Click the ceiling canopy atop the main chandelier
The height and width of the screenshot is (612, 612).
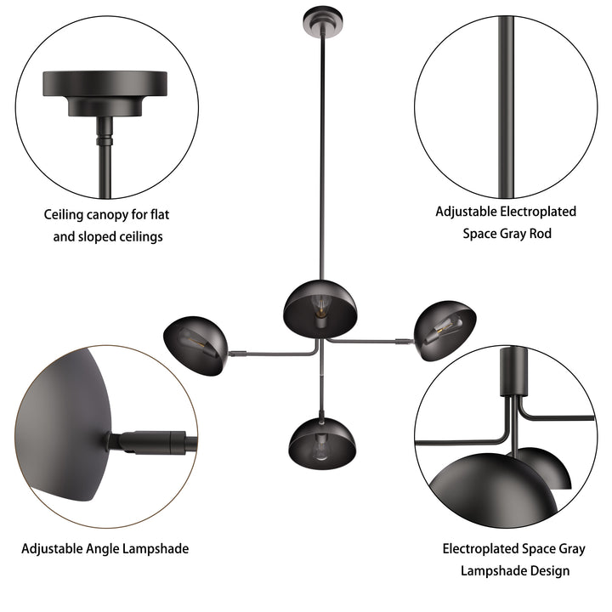[322, 21]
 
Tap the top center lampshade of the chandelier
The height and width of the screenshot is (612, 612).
[320, 309]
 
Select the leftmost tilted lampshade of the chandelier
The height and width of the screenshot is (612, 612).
[195, 346]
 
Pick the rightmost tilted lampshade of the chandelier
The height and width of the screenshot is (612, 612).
[445, 330]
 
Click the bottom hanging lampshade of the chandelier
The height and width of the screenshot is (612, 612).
[322, 444]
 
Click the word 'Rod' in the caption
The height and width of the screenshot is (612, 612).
[541, 234]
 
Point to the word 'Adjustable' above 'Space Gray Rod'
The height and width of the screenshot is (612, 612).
[466, 212]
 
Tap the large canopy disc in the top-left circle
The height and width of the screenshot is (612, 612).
[105, 83]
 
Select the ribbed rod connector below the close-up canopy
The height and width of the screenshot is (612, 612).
[105, 138]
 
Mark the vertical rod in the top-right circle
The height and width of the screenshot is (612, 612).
[506, 107]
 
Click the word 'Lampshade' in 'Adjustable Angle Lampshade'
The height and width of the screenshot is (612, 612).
[156, 549]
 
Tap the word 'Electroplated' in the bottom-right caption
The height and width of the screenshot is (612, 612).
[480, 549]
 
